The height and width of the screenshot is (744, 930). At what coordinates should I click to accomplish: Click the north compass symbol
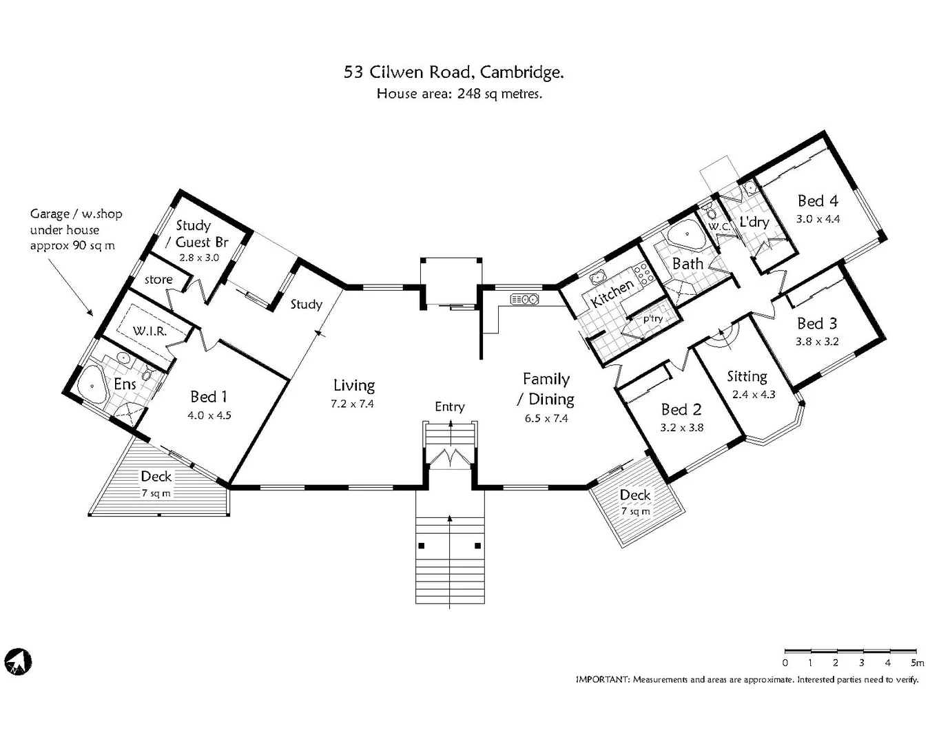pos(18,662)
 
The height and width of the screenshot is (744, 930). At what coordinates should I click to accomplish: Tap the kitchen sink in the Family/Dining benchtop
pos(524,299)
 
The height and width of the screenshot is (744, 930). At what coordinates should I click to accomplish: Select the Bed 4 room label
pos(818,201)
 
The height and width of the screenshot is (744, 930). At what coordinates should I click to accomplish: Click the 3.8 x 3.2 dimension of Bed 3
pos(817,342)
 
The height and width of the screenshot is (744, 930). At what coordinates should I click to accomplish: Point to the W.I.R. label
pos(149,331)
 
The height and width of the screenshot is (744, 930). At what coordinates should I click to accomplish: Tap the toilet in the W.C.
pos(712,213)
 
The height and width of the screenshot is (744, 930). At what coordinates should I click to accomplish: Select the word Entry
pos(449,407)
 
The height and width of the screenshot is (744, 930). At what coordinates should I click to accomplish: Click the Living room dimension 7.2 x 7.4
pos(352,404)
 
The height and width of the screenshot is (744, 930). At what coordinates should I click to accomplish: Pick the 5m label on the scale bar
pos(917,663)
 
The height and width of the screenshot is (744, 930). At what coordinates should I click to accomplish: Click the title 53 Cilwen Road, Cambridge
pos(454,72)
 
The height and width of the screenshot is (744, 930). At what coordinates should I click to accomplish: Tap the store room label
pos(158,280)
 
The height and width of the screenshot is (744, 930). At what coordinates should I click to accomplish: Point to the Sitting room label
pos(747,376)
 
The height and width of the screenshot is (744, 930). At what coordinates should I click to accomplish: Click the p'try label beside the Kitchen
pos(652,318)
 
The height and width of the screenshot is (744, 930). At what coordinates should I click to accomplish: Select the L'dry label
pos(754,222)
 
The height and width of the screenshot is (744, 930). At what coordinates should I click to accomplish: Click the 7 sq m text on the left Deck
pos(156,493)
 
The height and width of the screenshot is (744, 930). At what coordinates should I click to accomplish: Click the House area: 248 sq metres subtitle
pos(459,94)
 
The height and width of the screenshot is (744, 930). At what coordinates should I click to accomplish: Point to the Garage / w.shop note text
pos(75,229)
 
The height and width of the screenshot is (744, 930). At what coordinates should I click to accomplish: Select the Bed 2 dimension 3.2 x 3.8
pos(681,428)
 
